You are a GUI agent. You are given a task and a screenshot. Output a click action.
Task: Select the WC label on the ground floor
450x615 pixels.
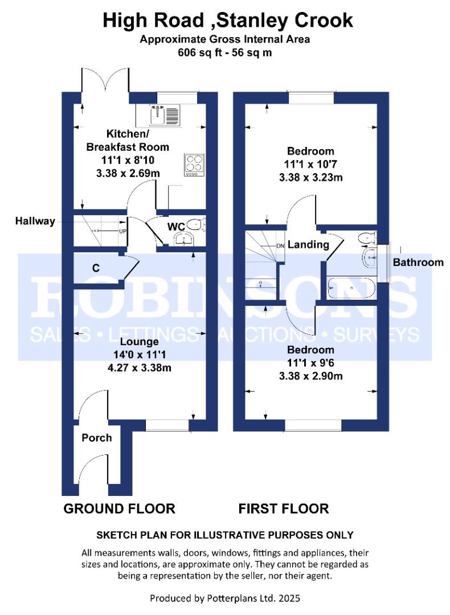(176, 227)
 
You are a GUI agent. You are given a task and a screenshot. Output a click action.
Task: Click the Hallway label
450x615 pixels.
(35, 221)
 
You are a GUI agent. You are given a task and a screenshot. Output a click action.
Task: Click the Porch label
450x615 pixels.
(96, 438)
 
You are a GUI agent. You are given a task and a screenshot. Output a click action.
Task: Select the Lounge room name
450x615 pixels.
(139, 342)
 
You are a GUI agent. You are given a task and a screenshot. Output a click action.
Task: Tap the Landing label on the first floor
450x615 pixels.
(308, 245)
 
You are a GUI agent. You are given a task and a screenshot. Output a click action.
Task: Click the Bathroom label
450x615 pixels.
(418, 263)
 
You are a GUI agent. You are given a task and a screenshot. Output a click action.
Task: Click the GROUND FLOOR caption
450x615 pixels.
(119, 509)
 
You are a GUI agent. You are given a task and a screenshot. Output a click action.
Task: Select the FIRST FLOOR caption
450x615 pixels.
(283, 509)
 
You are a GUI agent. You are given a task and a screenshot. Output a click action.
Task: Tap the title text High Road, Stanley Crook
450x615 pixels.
(228, 21)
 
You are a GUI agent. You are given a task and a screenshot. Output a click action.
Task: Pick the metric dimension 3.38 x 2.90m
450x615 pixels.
(310, 376)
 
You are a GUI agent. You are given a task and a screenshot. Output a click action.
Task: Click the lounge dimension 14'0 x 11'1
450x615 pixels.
(139, 355)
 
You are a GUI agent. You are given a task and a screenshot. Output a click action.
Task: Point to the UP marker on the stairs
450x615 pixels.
(122, 231)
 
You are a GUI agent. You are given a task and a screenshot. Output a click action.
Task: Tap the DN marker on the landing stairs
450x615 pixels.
(280, 246)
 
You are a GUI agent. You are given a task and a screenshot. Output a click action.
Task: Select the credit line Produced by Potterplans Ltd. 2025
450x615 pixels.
(224, 598)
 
